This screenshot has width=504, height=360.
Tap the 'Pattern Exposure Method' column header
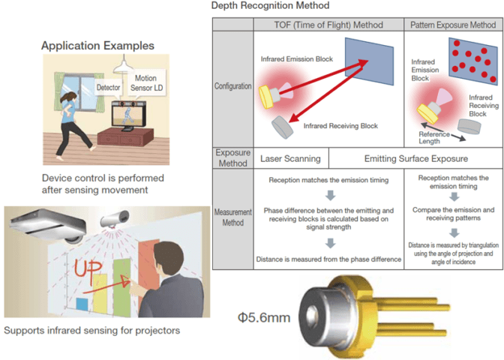pyautogui.click(x=452, y=25)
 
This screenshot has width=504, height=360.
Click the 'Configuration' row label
pyautogui.click(x=232, y=86)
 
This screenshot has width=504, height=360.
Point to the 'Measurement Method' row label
pyautogui.click(x=232, y=218)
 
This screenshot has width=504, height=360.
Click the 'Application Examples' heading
pyautogui.click(x=97, y=46)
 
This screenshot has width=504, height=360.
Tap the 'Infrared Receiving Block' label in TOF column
pyautogui.click(x=341, y=126)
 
